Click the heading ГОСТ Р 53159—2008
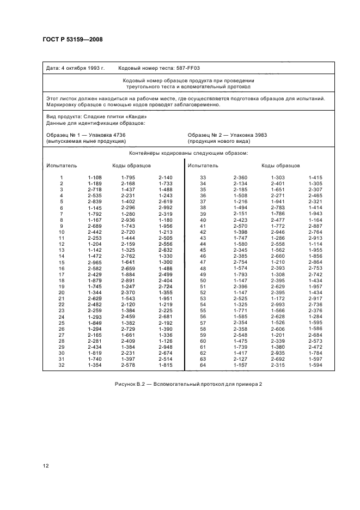[72, 39]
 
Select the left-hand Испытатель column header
[62, 165]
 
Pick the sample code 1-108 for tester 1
[95, 178]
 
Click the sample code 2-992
[165, 208]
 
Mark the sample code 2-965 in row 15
[95, 262]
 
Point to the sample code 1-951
[165, 299]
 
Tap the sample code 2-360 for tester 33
[240, 178]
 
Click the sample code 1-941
[278, 202]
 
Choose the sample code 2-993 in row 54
[278, 305]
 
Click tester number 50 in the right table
[203, 280]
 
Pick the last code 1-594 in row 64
[315, 365]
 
